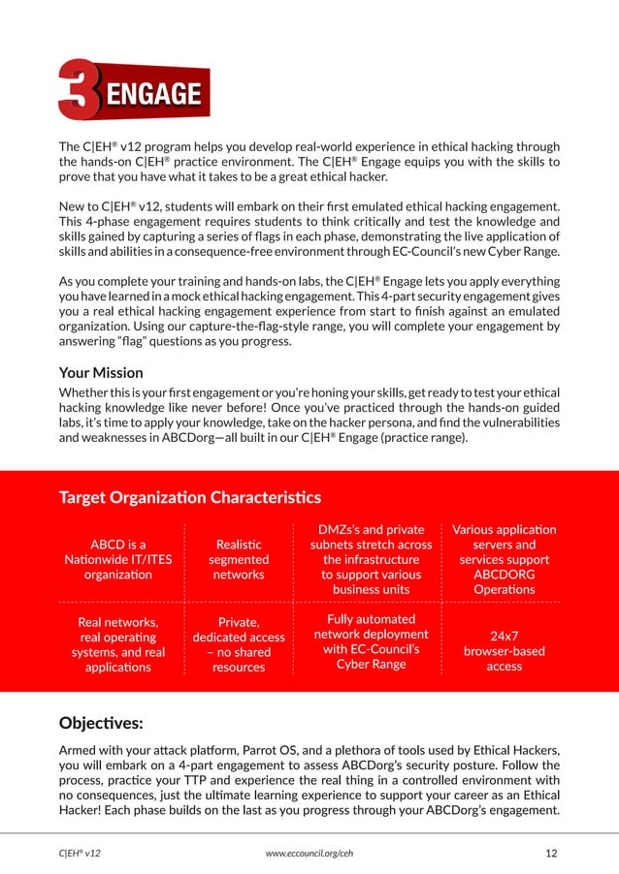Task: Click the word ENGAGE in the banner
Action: pyautogui.click(x=152, y=95)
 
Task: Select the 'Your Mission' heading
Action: pyautogui.click(x=101, y=372)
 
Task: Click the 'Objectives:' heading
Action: pyautogui.click(x=102, y=723)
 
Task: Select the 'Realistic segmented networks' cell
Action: pyautogui.click(x=238, y=559)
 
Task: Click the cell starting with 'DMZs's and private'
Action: pyautogui.click(x=372, y=559)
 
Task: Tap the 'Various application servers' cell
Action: pyautogui.click(x=504, y=559)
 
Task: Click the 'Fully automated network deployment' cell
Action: pyautogui.click(x=372, y=640)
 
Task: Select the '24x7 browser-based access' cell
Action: pyautogui.click(x=504, y=650)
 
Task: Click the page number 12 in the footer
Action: pyautogui.click(x=552, y=853)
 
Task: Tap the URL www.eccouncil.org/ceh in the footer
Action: pyautogui.click(x=309, y=853)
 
